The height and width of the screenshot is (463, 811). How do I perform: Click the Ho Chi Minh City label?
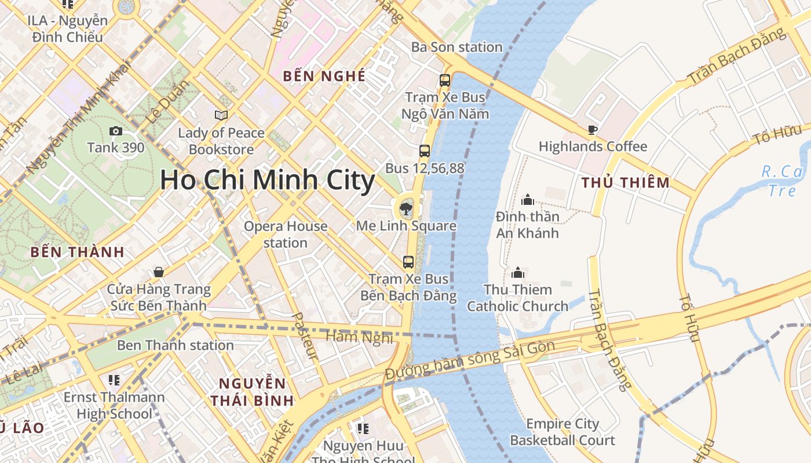pyautogui.click(x=268, y=180)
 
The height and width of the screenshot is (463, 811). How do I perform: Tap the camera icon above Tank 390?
pyautogui.click(x=116, y=131)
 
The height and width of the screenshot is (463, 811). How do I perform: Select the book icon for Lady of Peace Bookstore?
pyautogui.click(x=221, y=116)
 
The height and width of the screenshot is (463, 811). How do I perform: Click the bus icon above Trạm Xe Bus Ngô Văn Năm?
pyautogui.click(x=445, y=80)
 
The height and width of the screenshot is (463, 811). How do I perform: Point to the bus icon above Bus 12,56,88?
pyautogui.click(x=425, y=151)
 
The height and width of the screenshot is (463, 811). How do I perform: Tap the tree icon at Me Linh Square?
pyautogui.click(x=406, y=208)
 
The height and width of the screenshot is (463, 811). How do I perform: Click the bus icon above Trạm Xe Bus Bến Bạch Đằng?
pyautogui.click(x=408, y=262)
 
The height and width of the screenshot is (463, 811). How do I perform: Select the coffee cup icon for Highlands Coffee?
pyautogui.click(x=592, y=130)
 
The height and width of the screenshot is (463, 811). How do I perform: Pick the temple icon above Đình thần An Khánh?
pyautogui.click(x=527, y=200)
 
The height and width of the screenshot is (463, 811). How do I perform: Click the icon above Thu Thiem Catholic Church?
pyautogui.click(x=517, y=273)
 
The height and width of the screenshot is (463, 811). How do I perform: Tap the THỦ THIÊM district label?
pyautogui.click(x=626, y=183)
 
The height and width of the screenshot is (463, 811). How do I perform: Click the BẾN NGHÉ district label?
pyautogui.click(x=324, y=76)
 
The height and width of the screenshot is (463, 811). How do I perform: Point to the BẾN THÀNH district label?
pyautogui.click(x=78, y=252)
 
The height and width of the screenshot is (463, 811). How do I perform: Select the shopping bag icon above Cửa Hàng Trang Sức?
pyautogui.click(x=158, y=272)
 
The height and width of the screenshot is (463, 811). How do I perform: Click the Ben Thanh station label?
pyautogui.click(x=176, y=346)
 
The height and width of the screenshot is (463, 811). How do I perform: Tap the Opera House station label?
pyautogui.click(x=286, y=234)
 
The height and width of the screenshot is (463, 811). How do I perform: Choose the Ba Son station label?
pyautogui.click(x=456, y=47)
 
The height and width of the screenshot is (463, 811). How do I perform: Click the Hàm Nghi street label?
pyautogui.click(x=360, y=337)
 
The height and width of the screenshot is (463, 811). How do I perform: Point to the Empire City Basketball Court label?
pyautogui.click(x=562, y=432)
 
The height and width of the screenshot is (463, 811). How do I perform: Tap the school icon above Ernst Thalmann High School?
pyautogui.click(x=114, y=380)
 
